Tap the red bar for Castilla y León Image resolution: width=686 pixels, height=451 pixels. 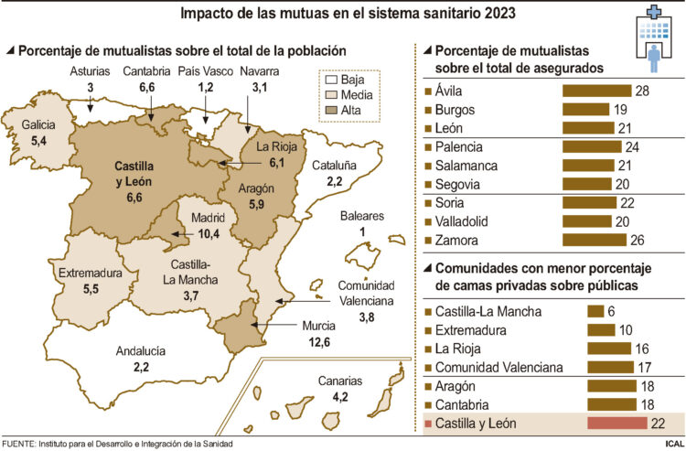(617, 424)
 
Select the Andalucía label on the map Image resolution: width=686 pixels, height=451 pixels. (140, 350)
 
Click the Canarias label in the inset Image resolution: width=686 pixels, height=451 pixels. (340, 381)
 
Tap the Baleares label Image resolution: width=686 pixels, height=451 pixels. (362, 216)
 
